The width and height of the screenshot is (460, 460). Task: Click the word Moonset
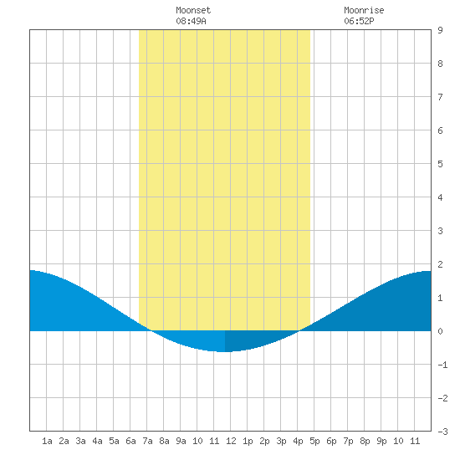[193, 10]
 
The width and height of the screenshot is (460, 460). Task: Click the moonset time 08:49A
[191, 21]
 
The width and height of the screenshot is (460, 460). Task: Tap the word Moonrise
[364, 10]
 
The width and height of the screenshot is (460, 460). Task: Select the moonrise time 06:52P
[359, 21]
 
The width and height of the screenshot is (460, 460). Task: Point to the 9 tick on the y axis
[440, 30]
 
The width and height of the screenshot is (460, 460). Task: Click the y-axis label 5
[440, 164]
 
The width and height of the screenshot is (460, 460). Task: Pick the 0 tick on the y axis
[440, 331]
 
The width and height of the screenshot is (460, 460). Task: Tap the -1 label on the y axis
[442, 365]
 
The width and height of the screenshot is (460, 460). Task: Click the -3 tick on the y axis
[442, 432]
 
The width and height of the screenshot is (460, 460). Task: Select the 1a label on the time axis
[47, 441]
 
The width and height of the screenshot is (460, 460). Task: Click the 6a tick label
[130, 441]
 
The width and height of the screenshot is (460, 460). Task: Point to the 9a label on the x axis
[181, 441]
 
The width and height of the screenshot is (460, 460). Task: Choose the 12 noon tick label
[231, 441]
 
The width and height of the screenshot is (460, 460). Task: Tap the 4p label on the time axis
[298, 441]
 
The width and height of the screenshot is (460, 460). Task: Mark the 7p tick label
[348, 441]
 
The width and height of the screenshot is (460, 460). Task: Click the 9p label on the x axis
[381, 441]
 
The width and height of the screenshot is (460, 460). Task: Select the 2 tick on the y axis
[440, 264]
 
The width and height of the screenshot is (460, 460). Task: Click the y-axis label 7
[440, 97]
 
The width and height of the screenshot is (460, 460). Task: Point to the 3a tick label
[80, 441]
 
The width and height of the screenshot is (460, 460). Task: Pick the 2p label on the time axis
[264, 441]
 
